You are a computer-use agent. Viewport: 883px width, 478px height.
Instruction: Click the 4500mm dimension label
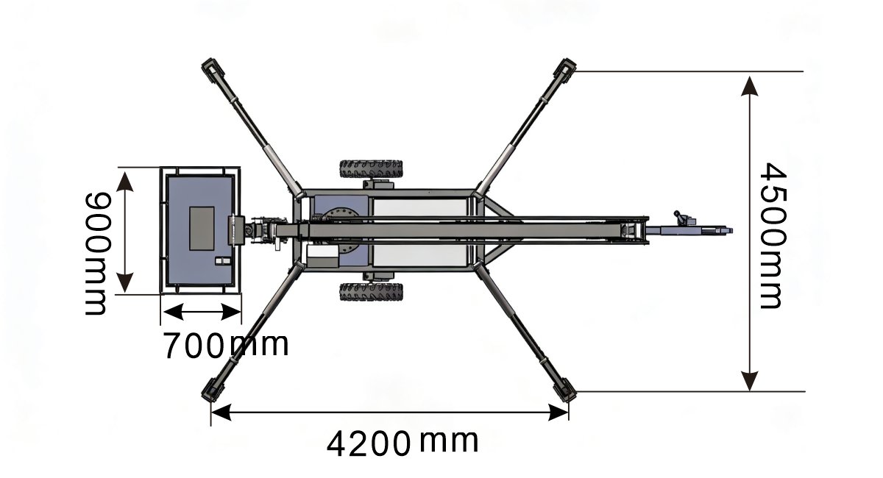[x=772, y=236]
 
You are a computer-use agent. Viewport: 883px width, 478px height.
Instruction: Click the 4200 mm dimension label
[x=403, y=443]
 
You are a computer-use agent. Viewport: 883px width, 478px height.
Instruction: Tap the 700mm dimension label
[x=226, y=345]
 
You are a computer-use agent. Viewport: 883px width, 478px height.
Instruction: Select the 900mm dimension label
[x=96, y=254]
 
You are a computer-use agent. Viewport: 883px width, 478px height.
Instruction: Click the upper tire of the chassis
[x=371, y=169]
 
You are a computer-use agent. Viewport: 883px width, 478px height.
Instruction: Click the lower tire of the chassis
[x=371, y=292]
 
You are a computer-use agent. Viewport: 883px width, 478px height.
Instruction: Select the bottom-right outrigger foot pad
[x=565, y=390]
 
